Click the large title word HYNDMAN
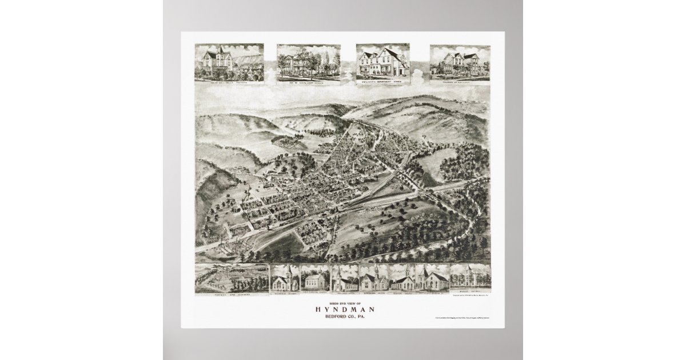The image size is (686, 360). [343, 310]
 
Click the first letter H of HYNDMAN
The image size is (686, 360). [317, 310]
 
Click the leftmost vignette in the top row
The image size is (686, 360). [229, 62]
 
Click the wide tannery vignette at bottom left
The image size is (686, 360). [232, 278]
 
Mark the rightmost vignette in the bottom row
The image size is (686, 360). [470, 277]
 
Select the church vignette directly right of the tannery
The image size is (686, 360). [285, 278]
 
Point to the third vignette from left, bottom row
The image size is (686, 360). [315, 278]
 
